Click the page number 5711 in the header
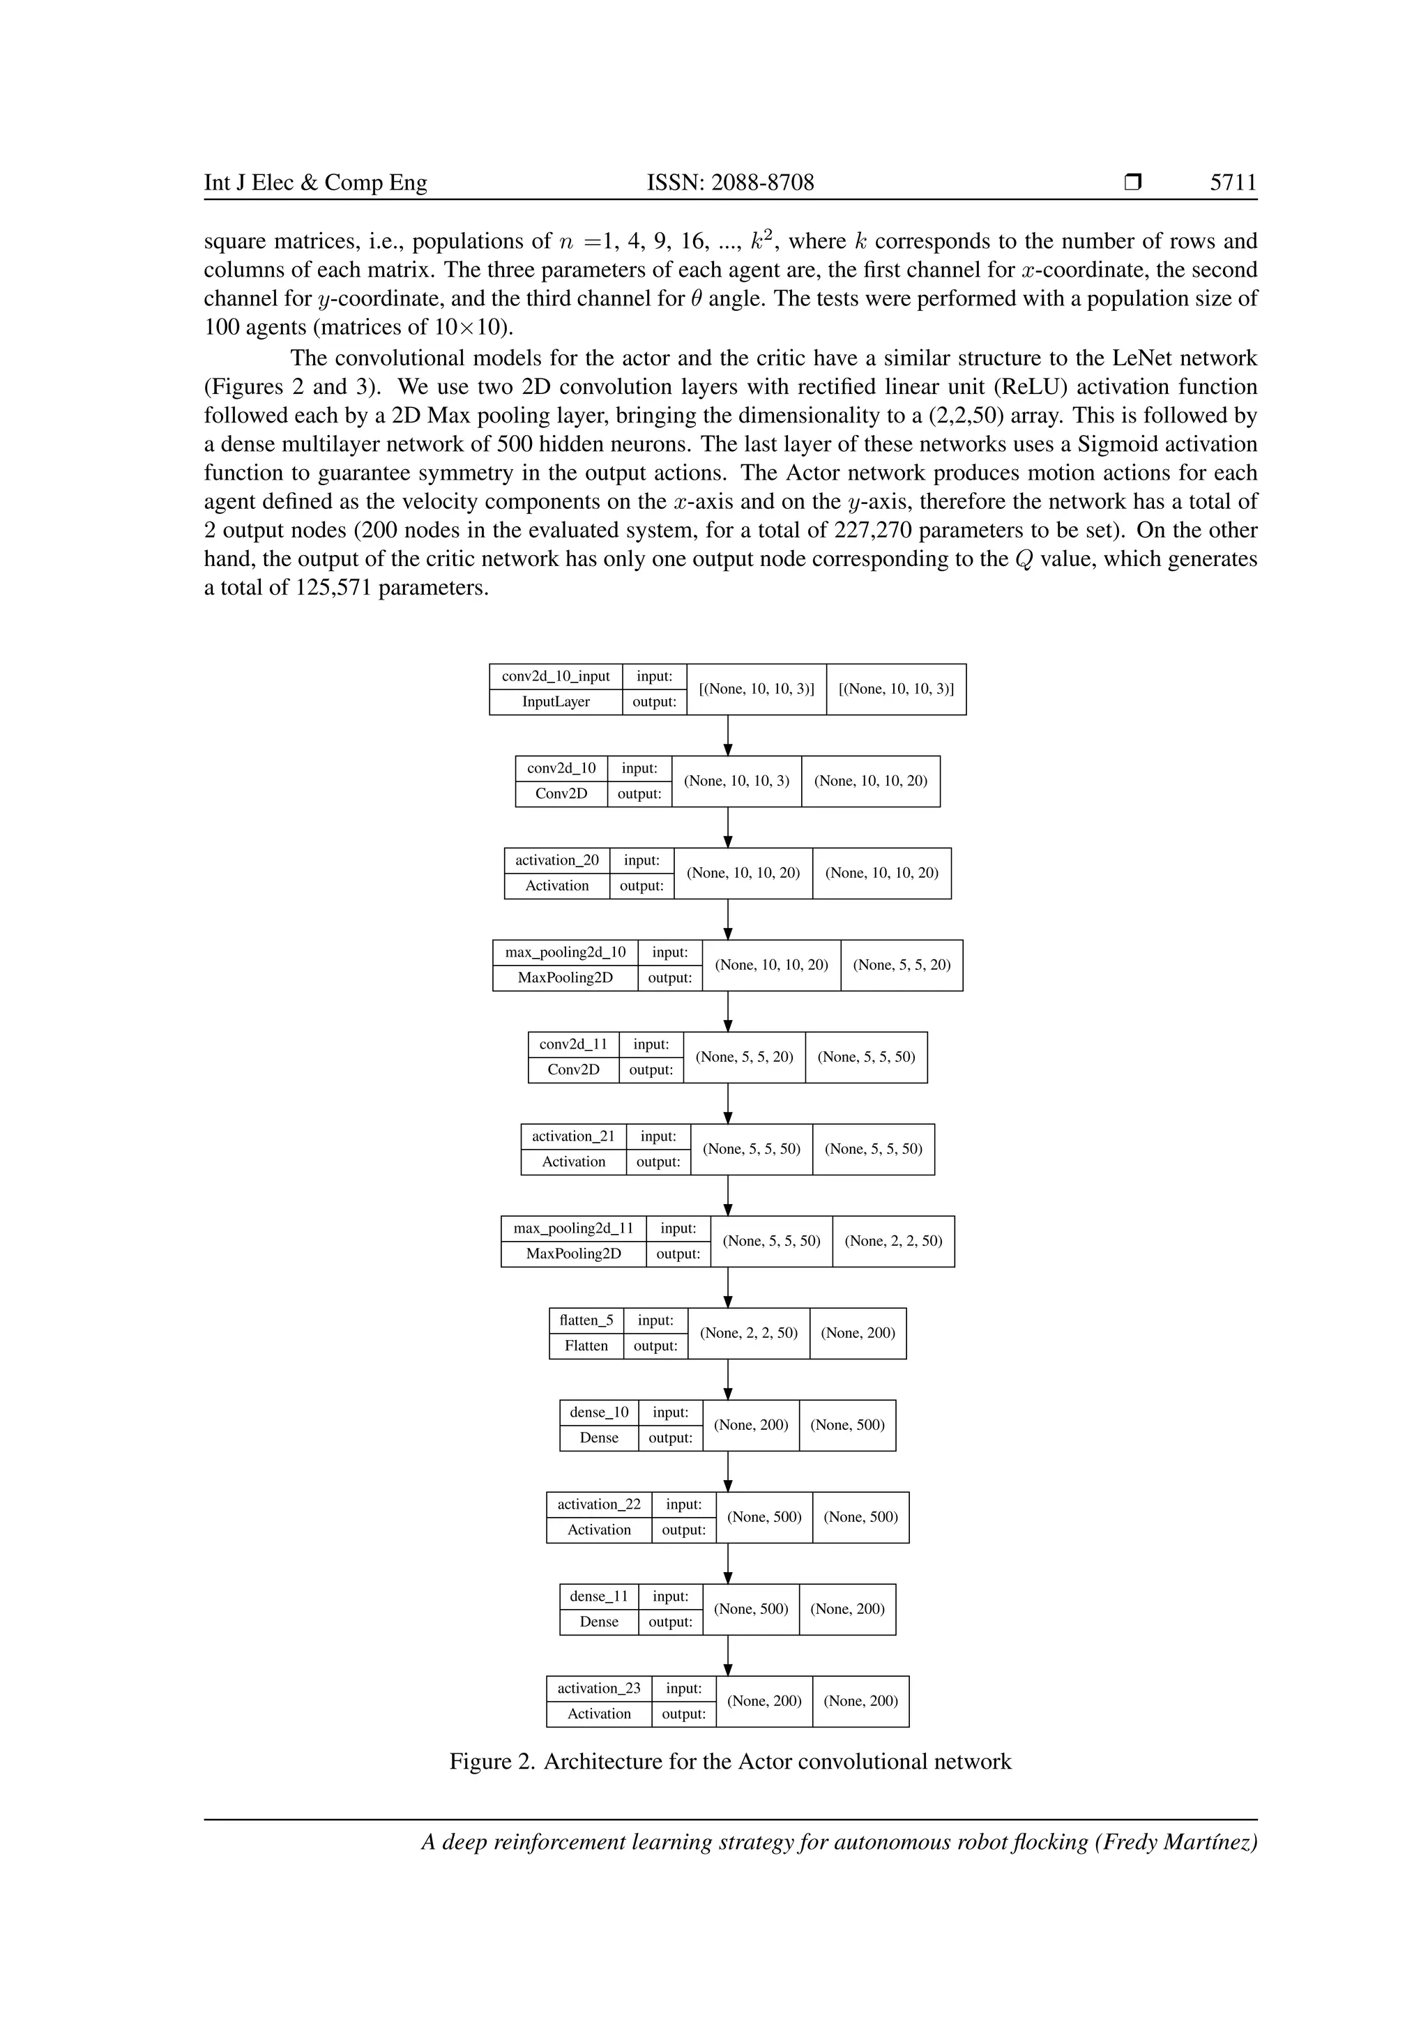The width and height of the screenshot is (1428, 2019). tap(1233, 183)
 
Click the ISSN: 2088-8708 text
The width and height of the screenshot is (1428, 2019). tap(730, 183)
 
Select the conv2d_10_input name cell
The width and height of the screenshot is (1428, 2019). tap(556, 676)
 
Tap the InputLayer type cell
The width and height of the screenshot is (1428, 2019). tap(556, 702)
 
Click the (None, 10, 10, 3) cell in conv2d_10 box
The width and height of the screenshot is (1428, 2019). tap(737, 781)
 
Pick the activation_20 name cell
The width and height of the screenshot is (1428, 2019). tap(556, 860)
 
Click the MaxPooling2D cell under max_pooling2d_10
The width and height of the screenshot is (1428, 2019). tap(565, 978)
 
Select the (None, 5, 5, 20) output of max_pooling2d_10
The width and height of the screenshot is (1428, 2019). tap(902, 965)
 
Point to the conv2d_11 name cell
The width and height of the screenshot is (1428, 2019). tap(573, 1044)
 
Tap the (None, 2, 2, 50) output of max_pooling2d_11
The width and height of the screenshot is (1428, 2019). tap(893, 1241)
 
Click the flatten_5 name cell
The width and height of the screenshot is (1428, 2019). tap(586, 1320)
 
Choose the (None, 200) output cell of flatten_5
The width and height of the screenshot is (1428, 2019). tap(858, 1333)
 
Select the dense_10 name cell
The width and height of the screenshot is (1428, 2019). tap(599, 1412)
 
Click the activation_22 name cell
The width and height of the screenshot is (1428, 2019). tap(599, 1504)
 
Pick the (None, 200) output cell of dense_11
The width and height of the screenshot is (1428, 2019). tap(846, 1609)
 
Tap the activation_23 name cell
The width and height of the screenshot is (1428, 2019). tap(599, 1689)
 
